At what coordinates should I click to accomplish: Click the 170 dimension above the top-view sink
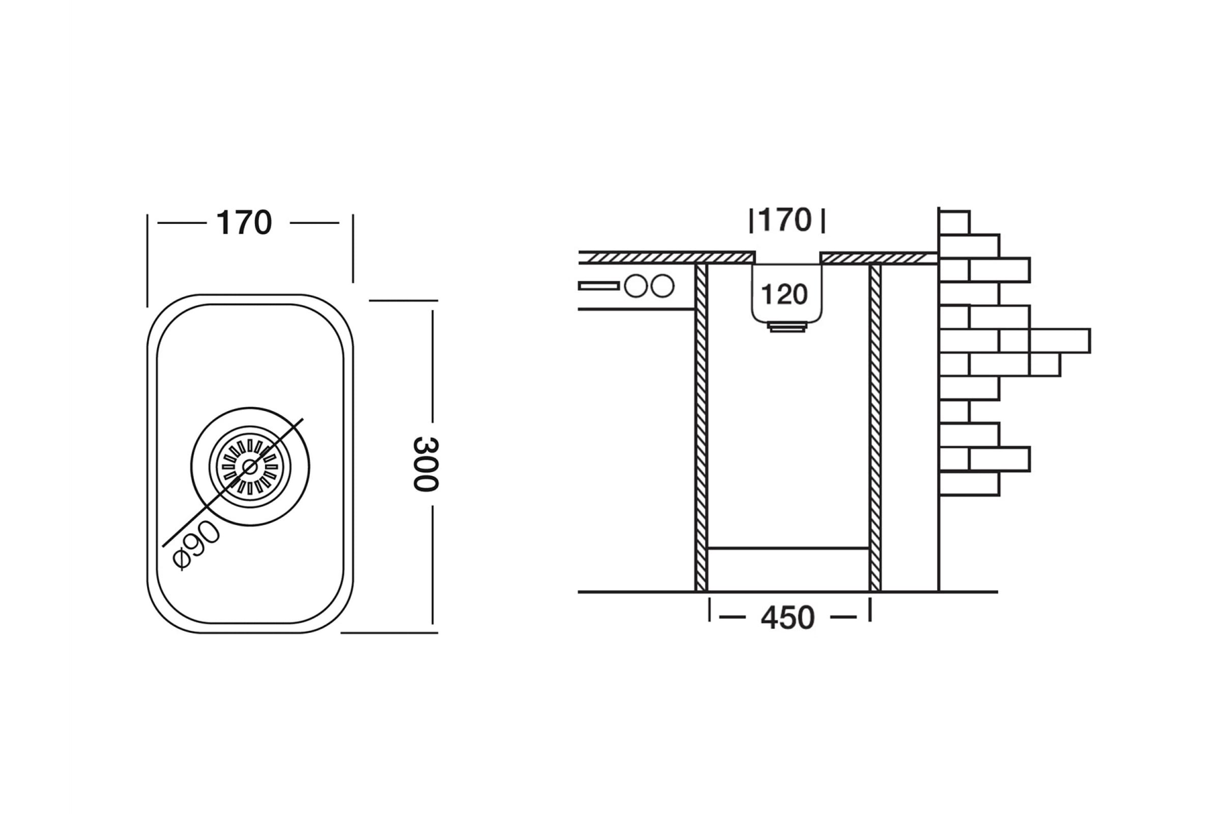(244, 223)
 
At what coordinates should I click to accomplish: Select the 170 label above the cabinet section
(785, 220)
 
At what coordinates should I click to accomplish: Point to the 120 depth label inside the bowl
(784, 295)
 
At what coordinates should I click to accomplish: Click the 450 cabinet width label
(788, 618)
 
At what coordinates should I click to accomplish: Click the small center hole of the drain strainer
(250, 467)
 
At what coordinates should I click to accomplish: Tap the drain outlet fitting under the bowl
(788, 327)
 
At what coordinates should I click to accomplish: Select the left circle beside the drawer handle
(636, 286)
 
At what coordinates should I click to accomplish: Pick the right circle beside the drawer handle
(662, 286)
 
